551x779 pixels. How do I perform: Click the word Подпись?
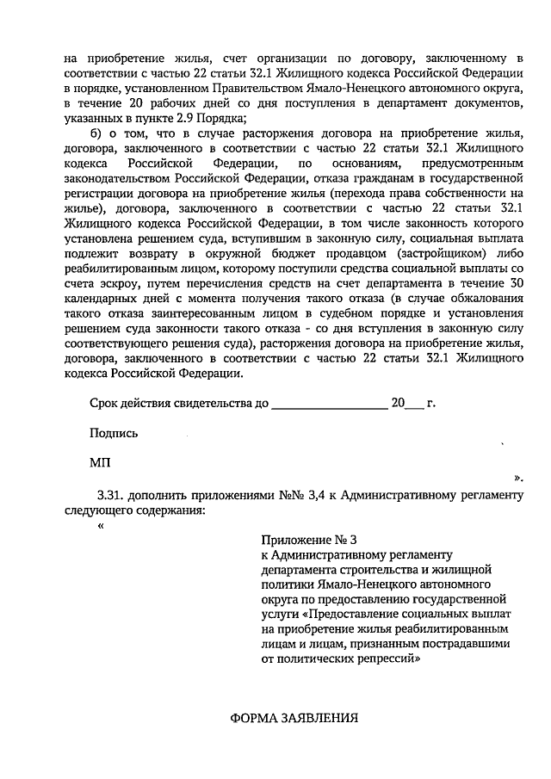click(114, 433)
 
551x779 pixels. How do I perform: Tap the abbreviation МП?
click(100, 461)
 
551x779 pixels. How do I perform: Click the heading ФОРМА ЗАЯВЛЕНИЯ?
click(292, 717)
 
